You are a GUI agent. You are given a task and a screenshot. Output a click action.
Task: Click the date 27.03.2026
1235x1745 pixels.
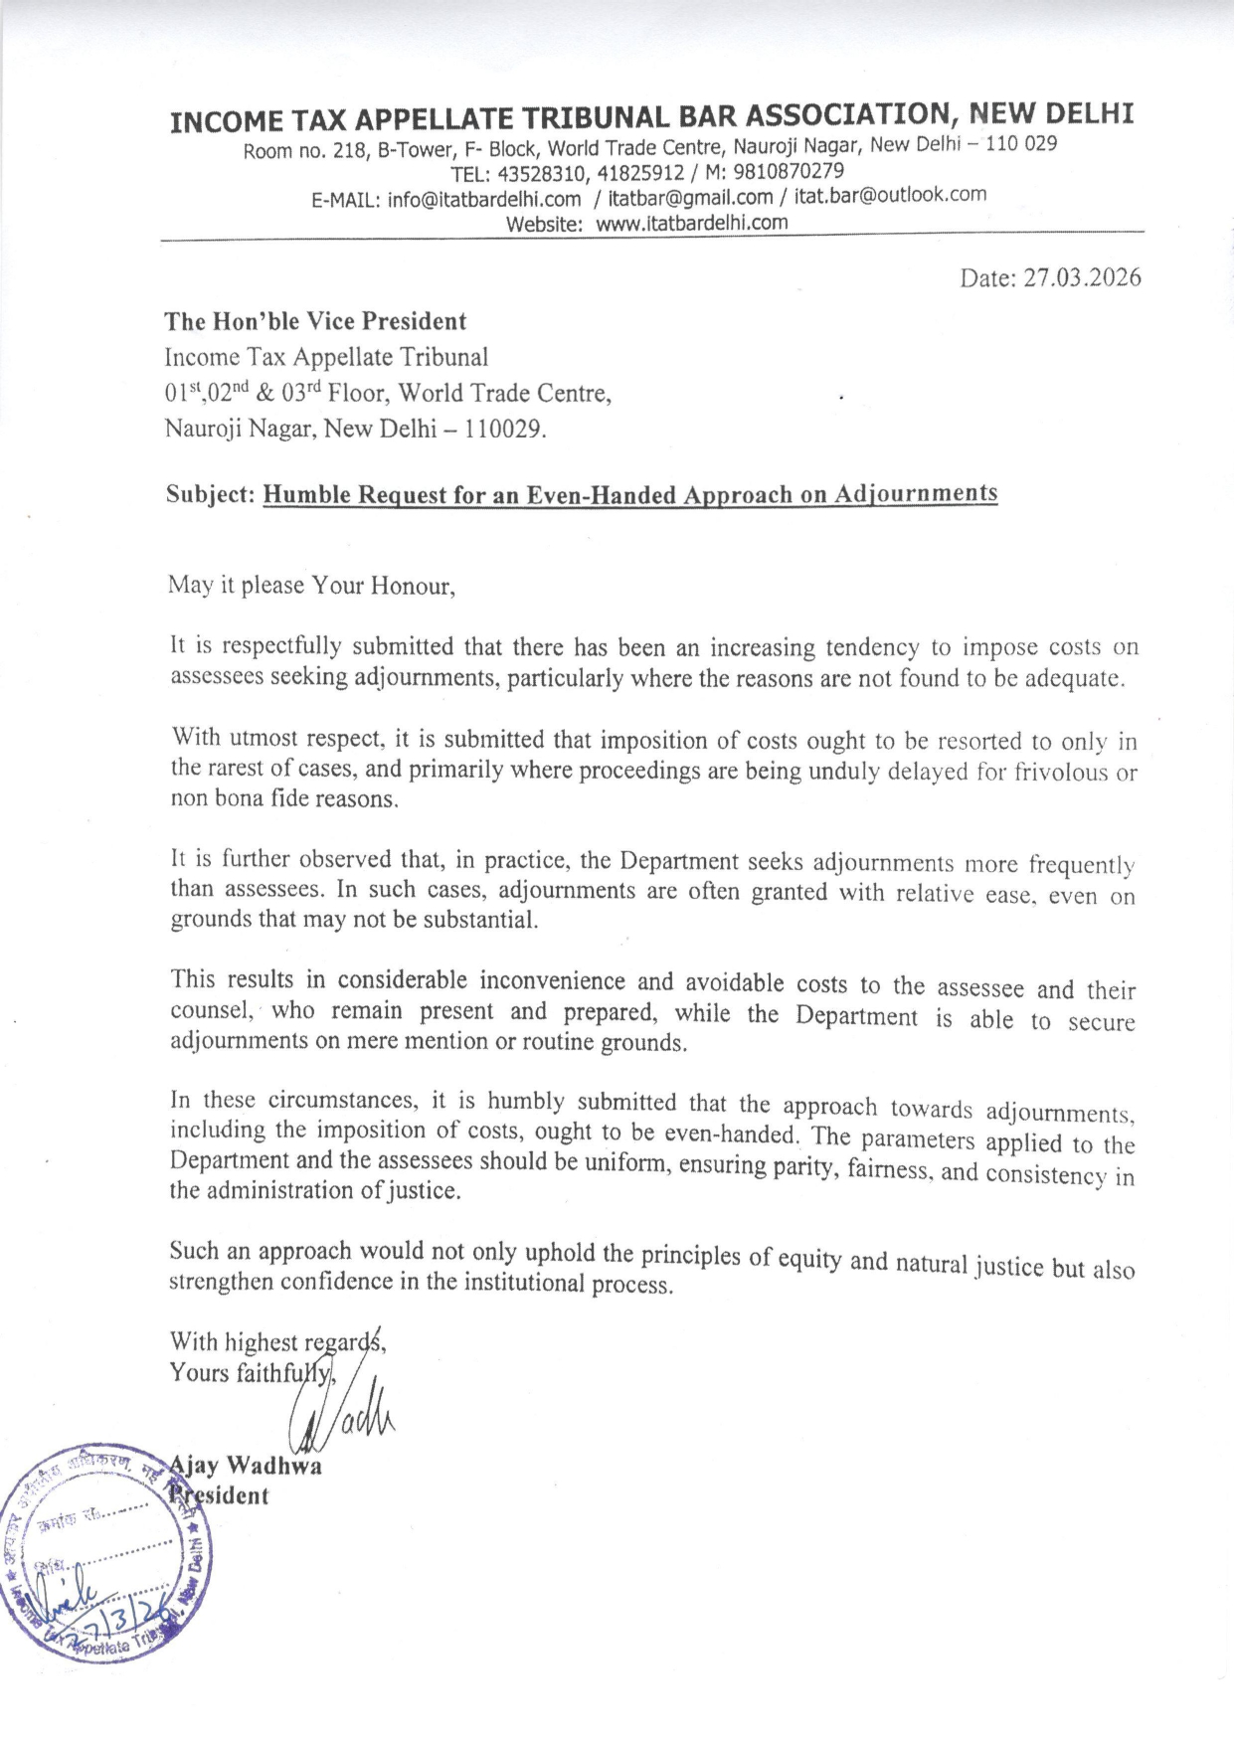point(1082,277)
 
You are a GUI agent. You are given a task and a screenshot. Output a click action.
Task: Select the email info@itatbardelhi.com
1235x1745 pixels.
point(484,200)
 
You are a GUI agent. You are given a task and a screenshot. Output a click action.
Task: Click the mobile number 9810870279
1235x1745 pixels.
point(789,171)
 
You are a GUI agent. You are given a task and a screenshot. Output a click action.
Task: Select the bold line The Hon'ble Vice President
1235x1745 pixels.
point(315,321)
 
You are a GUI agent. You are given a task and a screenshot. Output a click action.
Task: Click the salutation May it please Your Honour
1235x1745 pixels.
point(311,585)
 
